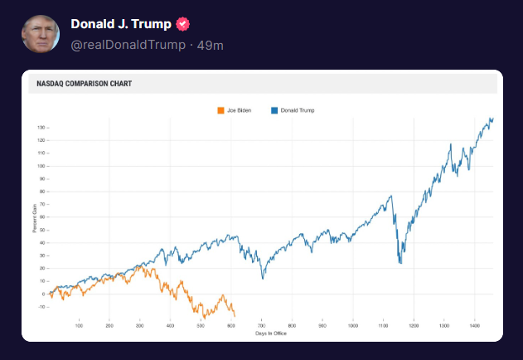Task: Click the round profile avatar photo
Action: pos(40,34)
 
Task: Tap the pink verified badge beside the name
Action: pos(183,24)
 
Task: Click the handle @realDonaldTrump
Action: pos(128,45)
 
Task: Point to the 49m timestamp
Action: pos(211,45)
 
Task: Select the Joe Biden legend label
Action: pos(239,109)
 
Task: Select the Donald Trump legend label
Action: pos(298,109)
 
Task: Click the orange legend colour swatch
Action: pos(220,109)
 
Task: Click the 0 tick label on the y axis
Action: pos(42,294)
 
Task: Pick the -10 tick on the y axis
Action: pos(41,307)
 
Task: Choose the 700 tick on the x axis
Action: pos(262,325)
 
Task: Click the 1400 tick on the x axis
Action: pos(474,325)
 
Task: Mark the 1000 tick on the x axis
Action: pos(353,325)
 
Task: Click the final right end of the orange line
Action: pos(235,316)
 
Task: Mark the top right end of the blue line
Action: pos(492,119)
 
